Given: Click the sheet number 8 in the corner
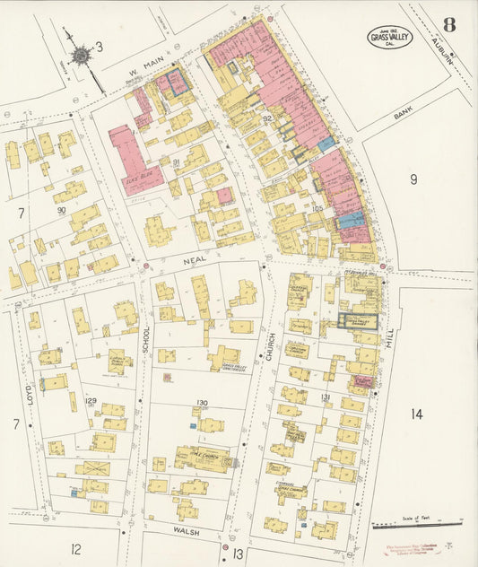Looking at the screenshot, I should click(x=448, y=24).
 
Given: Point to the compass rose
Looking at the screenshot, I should click(x=82, y=56).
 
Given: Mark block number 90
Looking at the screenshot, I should click(x=61, y=210).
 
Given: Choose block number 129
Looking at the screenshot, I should click(x=91, y=400).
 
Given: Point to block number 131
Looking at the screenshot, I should click(x=326, y=397).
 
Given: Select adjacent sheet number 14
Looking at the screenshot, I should click(x=416, y=414).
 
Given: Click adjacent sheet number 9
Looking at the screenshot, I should click(x=413, y=179).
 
